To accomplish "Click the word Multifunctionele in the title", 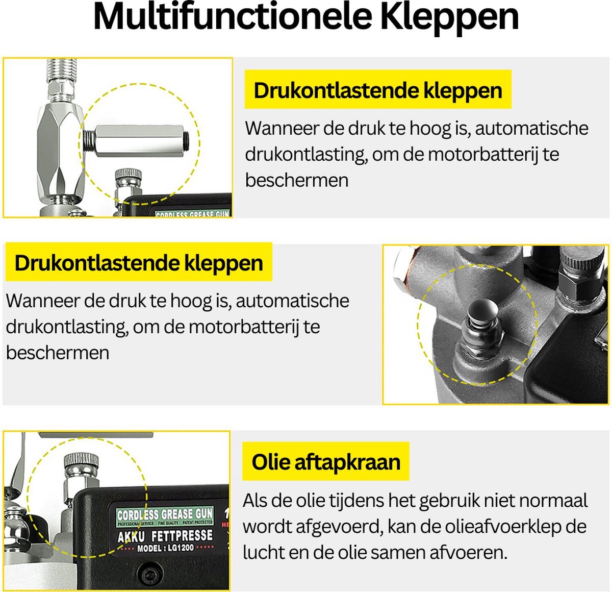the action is [x=232, y=18].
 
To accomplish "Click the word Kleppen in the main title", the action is [x=449, y=18].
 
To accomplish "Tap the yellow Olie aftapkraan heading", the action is [x=326, y=462].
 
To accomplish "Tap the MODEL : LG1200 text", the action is [x=165, y=549].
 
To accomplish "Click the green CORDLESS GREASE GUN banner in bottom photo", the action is [x=165, y=514].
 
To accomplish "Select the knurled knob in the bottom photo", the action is [x=81, y=460].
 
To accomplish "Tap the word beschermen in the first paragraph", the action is [x=297, y=181].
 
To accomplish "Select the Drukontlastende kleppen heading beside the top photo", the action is [x=378, y=90].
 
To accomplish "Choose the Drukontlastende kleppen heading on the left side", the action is [x=139, y=263].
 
